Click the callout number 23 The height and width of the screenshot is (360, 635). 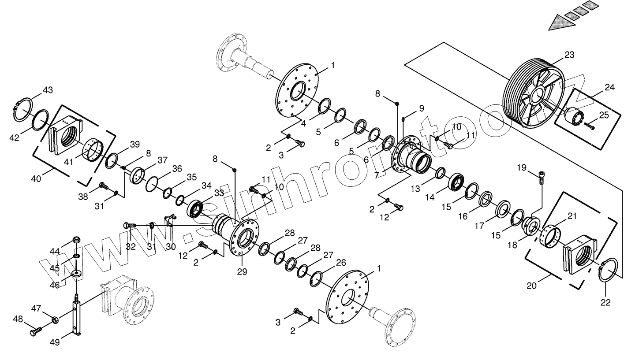pos(569,55)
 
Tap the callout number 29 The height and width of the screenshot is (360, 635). pos(242,271)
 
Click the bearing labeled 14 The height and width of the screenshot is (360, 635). pos(456,182)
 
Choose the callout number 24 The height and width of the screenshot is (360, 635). pos(609,87)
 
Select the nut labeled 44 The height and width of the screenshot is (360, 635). pos(76,241)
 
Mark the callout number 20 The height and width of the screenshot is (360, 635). pos(532,286)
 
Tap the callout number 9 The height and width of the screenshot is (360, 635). pos(421,108)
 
